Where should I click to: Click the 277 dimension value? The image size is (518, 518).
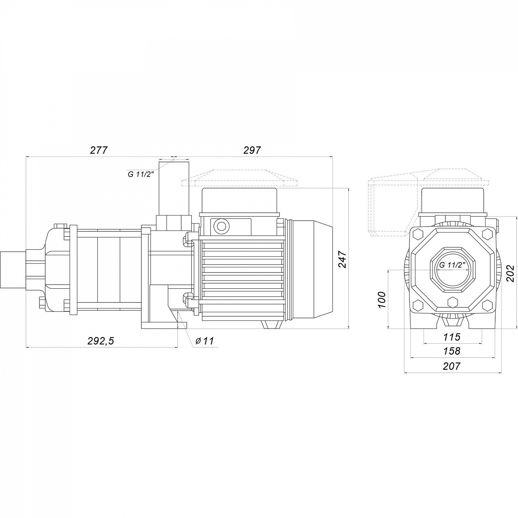point(99,150)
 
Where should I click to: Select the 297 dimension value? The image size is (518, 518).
point(252,150)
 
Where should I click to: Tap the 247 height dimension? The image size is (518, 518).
point(342,259)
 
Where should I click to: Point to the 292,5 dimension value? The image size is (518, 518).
point(100,341)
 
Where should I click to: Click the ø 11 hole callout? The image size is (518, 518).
point(204,341)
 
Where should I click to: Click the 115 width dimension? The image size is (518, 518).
point(452,336)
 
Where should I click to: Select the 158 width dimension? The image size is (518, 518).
point(452,351)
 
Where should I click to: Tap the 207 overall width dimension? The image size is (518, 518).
point(452,366)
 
